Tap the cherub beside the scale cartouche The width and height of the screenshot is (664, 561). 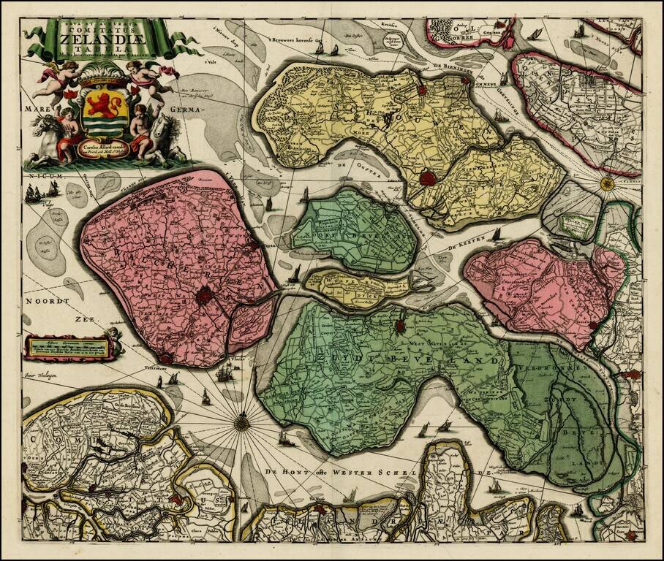pos(113,337)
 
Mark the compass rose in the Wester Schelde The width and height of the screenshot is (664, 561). pos(241,421)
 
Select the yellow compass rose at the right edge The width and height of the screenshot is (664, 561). pos(606,183)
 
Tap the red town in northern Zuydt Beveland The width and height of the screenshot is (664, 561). pos(401,326)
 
